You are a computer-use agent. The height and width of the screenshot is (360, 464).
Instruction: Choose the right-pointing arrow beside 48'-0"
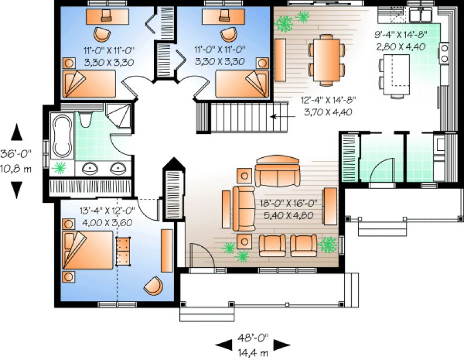click(x=281, y=344)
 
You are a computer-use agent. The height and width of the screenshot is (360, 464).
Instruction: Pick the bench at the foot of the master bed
click(x=124, y=251)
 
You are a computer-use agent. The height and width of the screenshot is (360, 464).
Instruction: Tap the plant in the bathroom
click(x=60, y=168)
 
